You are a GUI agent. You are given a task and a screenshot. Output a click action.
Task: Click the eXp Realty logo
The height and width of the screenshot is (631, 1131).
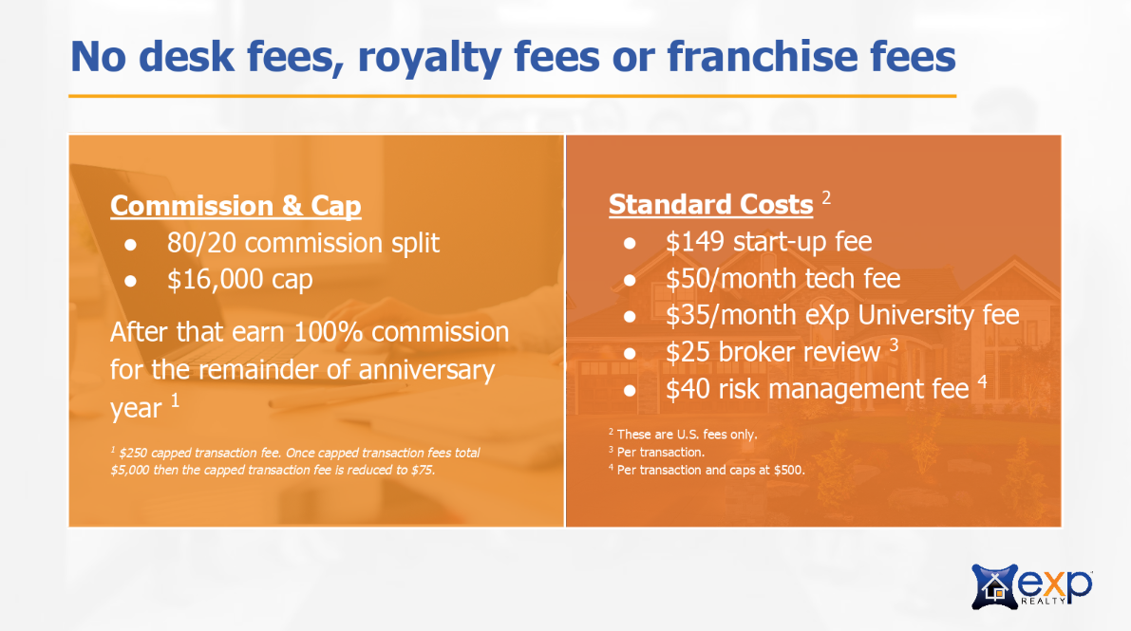[x=1032, y=586]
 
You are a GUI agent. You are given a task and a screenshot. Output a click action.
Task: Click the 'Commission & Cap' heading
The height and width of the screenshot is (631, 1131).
[x=236, y=206]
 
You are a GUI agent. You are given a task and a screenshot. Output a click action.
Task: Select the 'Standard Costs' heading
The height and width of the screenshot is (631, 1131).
[x=710, y=205]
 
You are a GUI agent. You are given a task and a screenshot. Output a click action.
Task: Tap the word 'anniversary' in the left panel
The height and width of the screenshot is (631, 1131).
[x=426, y=371]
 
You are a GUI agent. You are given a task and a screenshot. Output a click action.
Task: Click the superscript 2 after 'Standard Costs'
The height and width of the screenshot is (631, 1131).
[x=826, y=197]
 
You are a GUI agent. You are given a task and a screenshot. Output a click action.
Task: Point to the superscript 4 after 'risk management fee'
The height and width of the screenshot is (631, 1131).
[x=982, y=380]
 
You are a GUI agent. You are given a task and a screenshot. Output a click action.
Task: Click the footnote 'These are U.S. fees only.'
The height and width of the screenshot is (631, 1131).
[x=687, y=435]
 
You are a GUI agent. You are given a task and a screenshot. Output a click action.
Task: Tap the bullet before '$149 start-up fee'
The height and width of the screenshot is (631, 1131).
[x=630, y=243]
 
